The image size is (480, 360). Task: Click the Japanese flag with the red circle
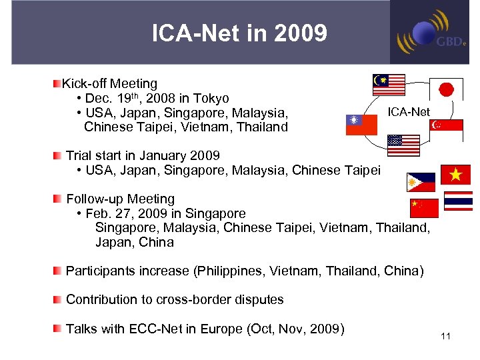click(446, 90)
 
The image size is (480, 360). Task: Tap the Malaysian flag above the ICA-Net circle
click(389, 85)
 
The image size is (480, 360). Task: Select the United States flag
click(403, 145)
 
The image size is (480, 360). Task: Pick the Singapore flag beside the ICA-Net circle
click(446, 129)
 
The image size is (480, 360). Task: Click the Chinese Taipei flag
click(361, 125)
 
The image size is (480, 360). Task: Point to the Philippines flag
click(421, 182)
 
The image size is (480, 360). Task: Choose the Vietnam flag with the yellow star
click(455, 175)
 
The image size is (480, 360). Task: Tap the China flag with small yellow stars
click(423, 207)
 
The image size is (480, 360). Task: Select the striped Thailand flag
click(459, 201)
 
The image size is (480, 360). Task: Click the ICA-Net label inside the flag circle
click(409, 112)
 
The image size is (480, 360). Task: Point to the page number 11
click(445, 336)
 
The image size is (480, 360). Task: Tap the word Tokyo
click(211, 99)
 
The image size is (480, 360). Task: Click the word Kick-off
click(85, 84)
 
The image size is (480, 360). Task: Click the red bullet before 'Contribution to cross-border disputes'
click(59, 299)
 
